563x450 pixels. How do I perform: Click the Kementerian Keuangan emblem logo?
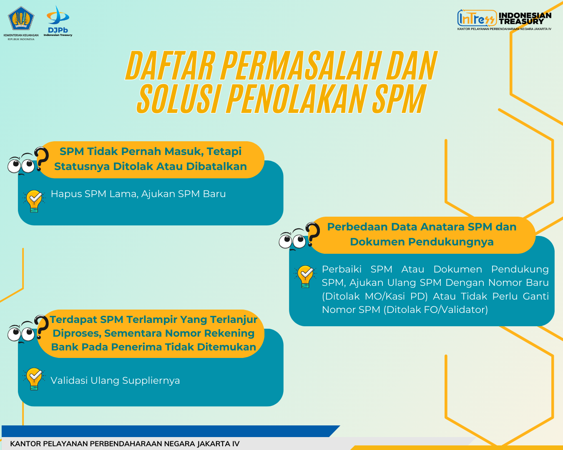21,18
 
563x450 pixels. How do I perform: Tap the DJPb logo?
58,21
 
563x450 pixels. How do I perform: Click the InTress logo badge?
477,18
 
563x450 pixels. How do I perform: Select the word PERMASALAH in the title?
299,65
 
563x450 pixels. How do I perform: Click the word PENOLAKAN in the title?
296,99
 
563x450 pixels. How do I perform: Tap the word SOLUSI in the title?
178,99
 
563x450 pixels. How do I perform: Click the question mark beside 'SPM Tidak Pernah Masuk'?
41,159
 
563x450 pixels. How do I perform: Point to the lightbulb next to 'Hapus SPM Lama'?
34,201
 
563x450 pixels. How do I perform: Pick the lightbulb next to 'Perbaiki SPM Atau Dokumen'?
305,276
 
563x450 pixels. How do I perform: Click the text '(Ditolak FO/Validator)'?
435,310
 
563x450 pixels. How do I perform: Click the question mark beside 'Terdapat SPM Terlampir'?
41,327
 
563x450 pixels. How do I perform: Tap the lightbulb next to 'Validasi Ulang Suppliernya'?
34,379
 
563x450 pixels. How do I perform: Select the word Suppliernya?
151,381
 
